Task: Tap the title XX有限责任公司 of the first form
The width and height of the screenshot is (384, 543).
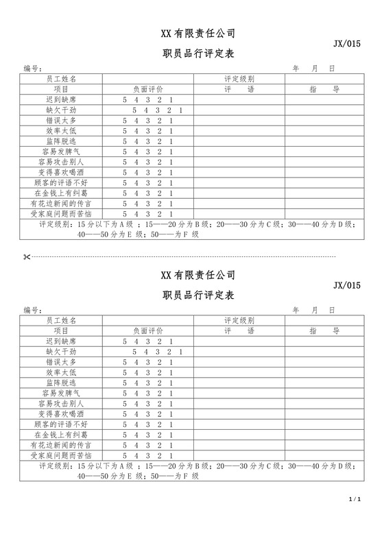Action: (x=198, y=33)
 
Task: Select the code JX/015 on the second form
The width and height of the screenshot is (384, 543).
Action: (x=347, y=285)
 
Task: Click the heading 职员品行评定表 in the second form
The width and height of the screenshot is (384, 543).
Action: (x=198, y=295)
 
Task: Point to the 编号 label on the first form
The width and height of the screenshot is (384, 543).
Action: (x=33, y=69)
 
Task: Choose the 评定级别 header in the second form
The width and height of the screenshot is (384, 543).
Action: (x=239, y=320)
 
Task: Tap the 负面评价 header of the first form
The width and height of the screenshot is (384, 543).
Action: (x=148, y=89)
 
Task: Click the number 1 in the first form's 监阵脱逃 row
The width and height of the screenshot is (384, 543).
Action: (x=171, y=141)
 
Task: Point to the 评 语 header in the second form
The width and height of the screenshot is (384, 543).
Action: (x=239, y=330)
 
